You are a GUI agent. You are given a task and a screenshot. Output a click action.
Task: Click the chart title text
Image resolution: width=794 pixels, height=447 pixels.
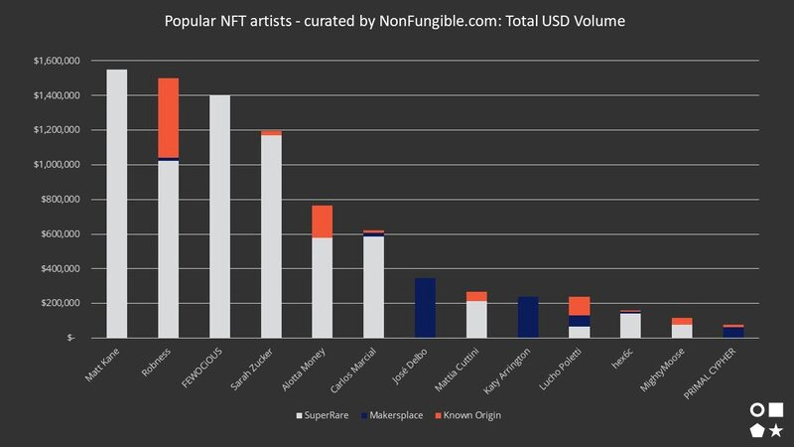[x=396, y=21]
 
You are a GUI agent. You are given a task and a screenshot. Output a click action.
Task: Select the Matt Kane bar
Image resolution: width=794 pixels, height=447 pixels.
[x=116, y=204]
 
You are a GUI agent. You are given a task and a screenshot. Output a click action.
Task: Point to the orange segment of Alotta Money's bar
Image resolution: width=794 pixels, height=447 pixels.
[x=323, y=222]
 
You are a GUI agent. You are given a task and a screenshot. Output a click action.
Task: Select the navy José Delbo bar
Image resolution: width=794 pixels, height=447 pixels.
[x=426, y=308]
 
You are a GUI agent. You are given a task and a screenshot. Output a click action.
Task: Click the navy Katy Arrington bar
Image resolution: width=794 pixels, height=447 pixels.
[x=529, y=317]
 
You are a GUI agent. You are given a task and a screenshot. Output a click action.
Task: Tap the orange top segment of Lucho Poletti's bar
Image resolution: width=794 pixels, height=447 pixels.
[x=581, y=306]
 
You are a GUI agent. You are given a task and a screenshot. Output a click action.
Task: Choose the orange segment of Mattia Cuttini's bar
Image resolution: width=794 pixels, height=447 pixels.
[x=477, y=296]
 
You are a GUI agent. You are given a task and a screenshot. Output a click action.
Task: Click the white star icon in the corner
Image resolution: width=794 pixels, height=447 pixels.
[x=776, y=430]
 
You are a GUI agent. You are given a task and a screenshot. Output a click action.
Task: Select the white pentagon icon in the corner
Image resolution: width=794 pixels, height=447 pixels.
[x=757, y=430]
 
